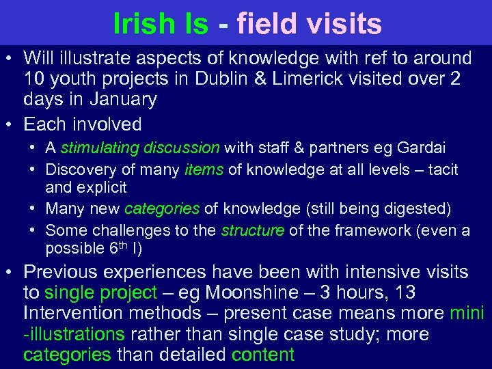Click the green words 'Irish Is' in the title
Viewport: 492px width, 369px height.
tap(161, 23)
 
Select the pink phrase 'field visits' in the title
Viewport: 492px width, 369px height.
tap(309, 23)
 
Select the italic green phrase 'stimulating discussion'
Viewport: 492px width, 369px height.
tap(140, 148)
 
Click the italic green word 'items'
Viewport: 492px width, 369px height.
tap(204, 169)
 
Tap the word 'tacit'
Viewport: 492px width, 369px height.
tap(443, 169)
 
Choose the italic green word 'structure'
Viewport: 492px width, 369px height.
tap(252, 231)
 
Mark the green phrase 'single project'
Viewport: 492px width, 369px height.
tap(100, 293)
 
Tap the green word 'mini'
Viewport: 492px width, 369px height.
tap(467, 314)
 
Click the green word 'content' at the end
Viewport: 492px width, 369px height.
tap(263, 355)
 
